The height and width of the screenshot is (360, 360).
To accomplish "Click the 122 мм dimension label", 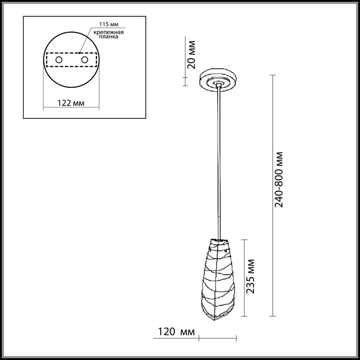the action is coord(71,103).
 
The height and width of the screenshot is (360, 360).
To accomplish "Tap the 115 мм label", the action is coord(109,24).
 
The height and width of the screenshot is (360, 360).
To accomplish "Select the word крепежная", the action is coord(109,32).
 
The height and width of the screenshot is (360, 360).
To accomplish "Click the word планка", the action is coord(109,36).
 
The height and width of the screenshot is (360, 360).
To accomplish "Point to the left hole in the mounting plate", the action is coord(59,60).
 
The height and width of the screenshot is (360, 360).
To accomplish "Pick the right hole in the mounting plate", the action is coord(84,60).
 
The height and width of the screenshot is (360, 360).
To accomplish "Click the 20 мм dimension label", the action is coord(191,55).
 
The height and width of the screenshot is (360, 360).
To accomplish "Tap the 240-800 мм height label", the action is coord(279,180).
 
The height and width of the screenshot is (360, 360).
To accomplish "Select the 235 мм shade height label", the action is coord(250,276).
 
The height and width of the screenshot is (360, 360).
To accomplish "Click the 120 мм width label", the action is coord(176,332).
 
